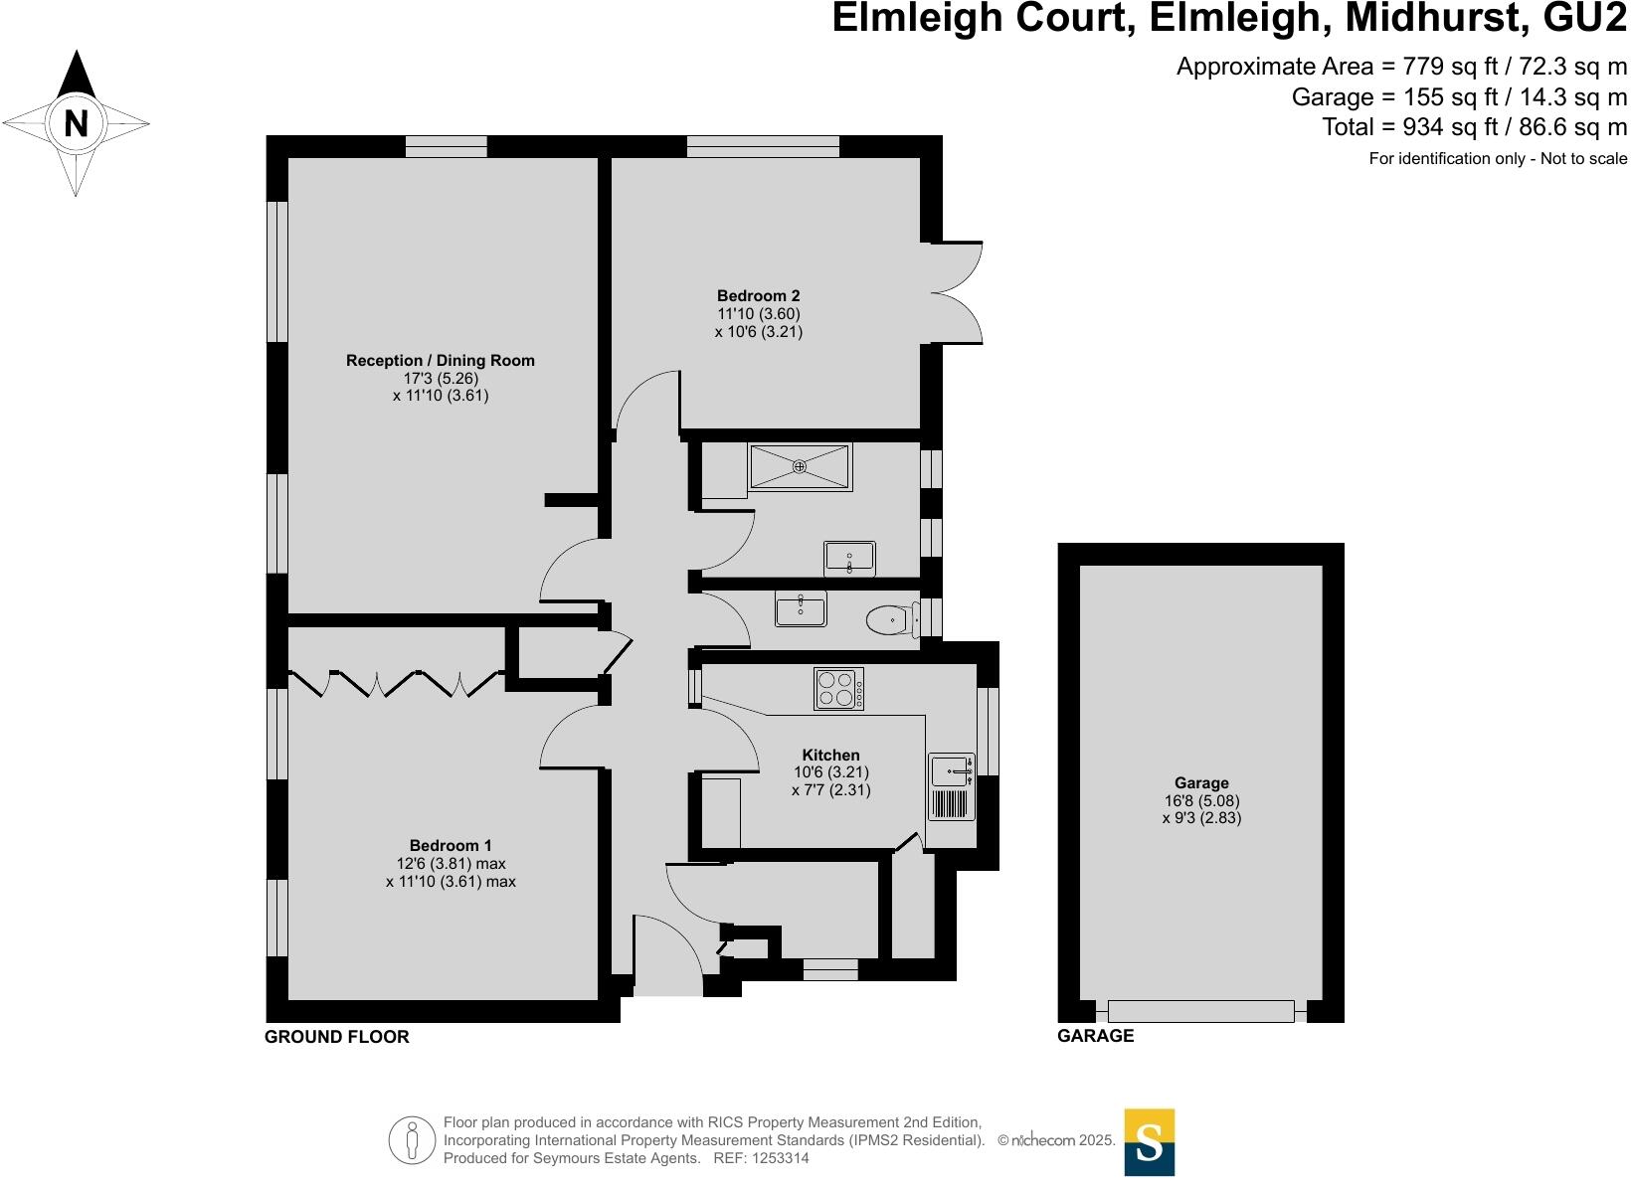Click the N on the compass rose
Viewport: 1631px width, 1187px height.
tap(76, 124)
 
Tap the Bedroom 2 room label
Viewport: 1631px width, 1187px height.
tap(758, 296)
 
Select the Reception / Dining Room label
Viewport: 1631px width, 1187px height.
tap(440, 361)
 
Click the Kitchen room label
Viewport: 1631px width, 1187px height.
tap(830, 756)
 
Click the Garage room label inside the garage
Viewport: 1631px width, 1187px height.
tap(1201, 783)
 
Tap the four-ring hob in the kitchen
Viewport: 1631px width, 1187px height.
tap(838, 689)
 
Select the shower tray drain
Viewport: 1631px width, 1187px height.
tap(800, 466)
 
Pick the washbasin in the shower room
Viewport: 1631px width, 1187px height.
tap(849, 559)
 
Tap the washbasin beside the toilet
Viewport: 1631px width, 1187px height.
tap(801, 608)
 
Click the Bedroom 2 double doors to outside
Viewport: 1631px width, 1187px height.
tap(956, 292)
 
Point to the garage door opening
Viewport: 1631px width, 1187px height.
tap(1201, 1011)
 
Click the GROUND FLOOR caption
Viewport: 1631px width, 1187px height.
tap(336, 1037)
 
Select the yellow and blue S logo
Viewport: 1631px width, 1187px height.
tap(1149, 1141)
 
